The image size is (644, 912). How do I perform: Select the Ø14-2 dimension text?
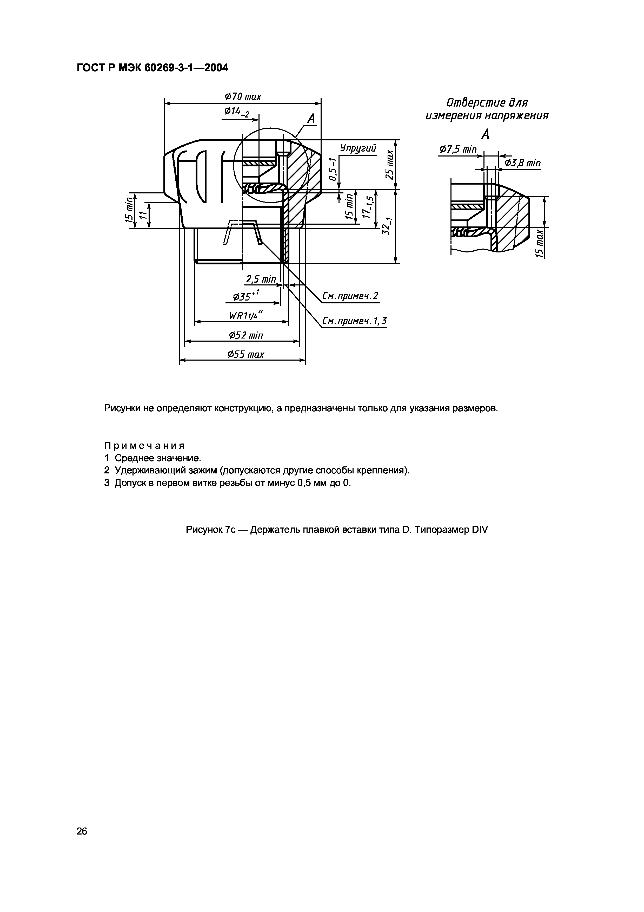(237, 112)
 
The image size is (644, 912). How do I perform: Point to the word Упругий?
(357, 148)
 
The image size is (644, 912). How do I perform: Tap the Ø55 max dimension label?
(245, 354)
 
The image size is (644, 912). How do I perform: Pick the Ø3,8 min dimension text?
(522, 163)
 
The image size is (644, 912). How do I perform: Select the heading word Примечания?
(144, 445)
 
